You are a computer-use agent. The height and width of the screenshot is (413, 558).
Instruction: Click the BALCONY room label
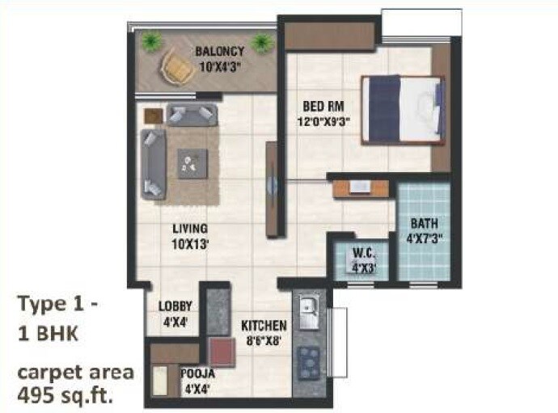tap(219, 52)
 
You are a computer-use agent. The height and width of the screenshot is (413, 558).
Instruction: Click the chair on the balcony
tap(176, 65)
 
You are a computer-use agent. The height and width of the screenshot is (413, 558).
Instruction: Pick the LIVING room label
tap(189, 228)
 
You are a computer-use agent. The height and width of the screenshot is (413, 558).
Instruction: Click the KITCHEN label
tap(264, 326)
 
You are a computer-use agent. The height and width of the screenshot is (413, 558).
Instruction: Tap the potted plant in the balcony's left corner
tap(150, 39)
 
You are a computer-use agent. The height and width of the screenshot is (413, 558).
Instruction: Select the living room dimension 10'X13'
tap(189, 242)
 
